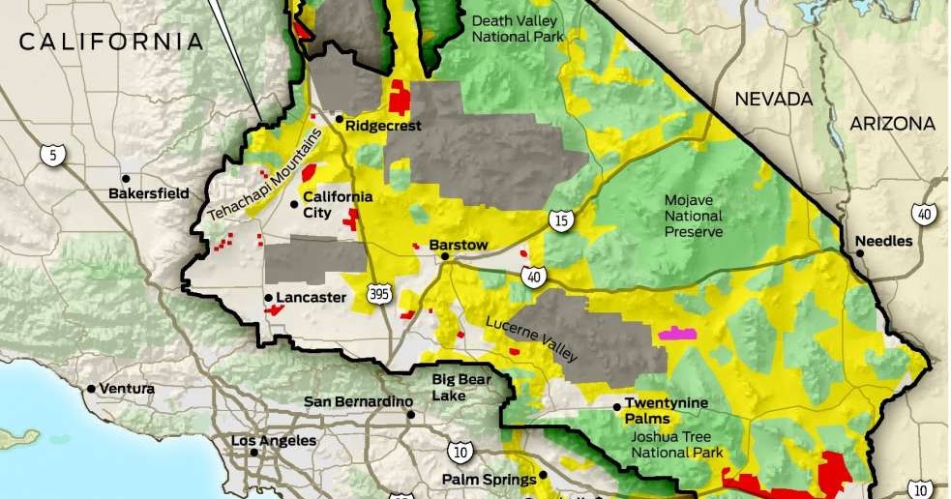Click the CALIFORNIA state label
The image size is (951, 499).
(111, 42)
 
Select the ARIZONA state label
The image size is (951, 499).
(892, 124)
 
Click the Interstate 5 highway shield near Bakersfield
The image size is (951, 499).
(48, 154)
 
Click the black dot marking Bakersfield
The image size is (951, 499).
(126, 179)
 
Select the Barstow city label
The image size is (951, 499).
(458, 245)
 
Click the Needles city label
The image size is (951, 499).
(883, 241)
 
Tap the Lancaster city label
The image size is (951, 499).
(311, 297)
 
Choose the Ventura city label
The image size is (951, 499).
(126, 389)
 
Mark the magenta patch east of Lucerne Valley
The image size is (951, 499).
(676, 334)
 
